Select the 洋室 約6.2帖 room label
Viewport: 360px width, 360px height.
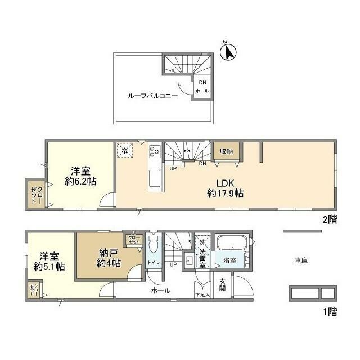click(x=78, y=175)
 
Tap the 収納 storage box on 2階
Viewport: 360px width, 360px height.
click(x=226, y=151)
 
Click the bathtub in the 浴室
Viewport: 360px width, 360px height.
click(x=232, y=244)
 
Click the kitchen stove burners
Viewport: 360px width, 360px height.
click(x=154, y=152)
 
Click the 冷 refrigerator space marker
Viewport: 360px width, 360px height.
click(x=125, y=151)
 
